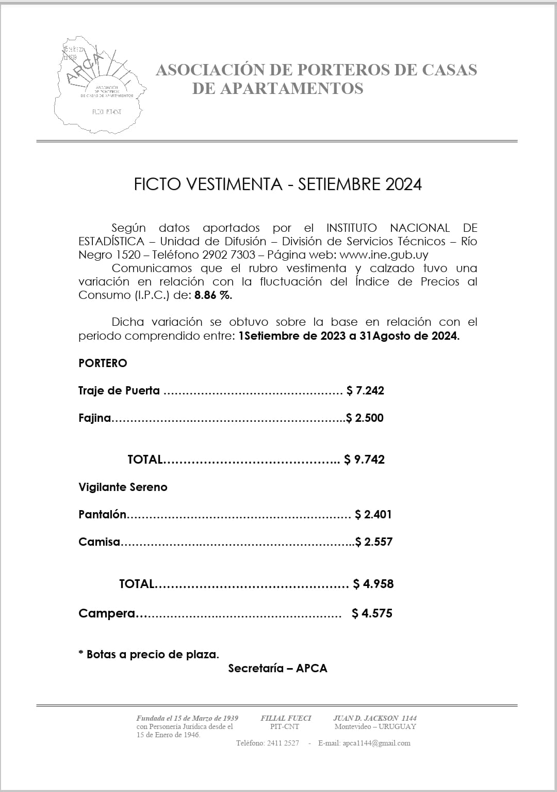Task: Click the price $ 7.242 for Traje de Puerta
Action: [x=366, y=391]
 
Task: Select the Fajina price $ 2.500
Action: [x=365, y=418]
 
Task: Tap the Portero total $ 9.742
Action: [x=365, y=460]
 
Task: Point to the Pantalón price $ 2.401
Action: [x=373, y=515]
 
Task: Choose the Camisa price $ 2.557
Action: [x=374, y=542]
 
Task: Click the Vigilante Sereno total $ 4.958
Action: [x=373, y=584]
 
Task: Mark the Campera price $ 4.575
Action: [x=372, y=613]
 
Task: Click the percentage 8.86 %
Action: [x=213, y=295]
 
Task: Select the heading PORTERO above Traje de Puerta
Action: [x=103, y=363]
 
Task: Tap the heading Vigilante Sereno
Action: [x=123, y=487]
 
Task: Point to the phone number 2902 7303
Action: [x=229, y=255]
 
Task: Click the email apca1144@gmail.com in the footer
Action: [x=376, y=743]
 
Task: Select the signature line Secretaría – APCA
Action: [x=277, y=669]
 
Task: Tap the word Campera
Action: [x=107, y=613]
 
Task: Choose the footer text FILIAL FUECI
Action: [x=286, y=718]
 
